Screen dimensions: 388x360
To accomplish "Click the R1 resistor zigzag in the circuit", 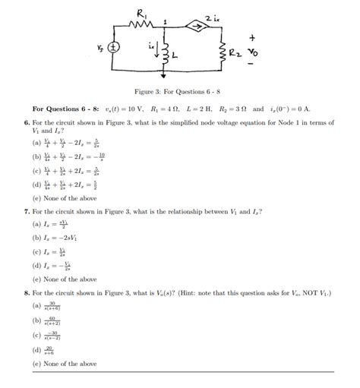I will pos(142,25).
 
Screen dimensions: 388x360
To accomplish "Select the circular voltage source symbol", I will pos(114,47).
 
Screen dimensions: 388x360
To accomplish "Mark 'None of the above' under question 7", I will pos(65,279).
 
